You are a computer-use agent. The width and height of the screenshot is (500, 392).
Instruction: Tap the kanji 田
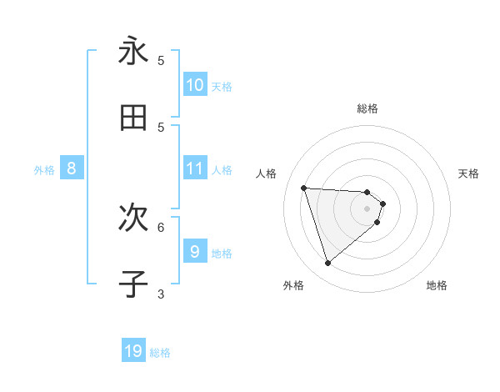(133, 118)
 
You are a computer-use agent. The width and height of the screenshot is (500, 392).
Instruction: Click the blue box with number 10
(194, 84)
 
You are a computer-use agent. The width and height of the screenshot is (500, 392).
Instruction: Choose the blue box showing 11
(194, 168)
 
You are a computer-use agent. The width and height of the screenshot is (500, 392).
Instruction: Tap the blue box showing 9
(194, 251)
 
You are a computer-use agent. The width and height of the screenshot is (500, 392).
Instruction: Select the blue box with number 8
(72, 168)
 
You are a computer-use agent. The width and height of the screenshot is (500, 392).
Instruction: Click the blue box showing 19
(133, 351)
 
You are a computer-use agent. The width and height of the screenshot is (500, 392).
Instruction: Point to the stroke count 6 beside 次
(161, 226)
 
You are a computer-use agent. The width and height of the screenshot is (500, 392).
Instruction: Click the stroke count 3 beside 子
(161, 293)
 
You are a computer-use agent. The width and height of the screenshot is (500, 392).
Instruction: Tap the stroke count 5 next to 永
(161, 60)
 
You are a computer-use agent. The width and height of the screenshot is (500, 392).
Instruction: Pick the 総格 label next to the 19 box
(160, 353)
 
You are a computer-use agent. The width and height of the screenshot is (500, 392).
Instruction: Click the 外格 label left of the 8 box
(44, 169)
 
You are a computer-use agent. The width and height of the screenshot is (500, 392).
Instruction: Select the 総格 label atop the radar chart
(367, 108)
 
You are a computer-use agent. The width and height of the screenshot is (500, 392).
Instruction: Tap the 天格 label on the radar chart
(469, 173)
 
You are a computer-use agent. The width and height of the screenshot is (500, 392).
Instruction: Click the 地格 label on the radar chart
(437, 285)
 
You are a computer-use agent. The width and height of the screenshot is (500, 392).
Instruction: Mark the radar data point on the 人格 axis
(304, 188)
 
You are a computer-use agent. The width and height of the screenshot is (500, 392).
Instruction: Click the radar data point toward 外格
(327, 264)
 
